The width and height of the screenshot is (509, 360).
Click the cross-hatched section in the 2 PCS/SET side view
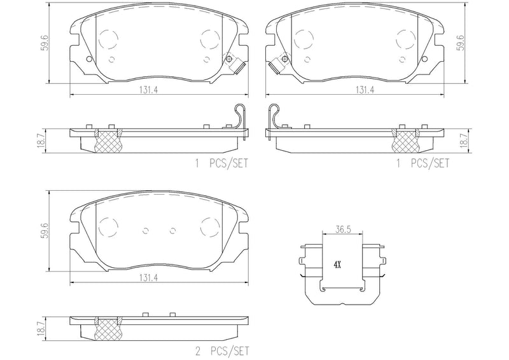point(107,330)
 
